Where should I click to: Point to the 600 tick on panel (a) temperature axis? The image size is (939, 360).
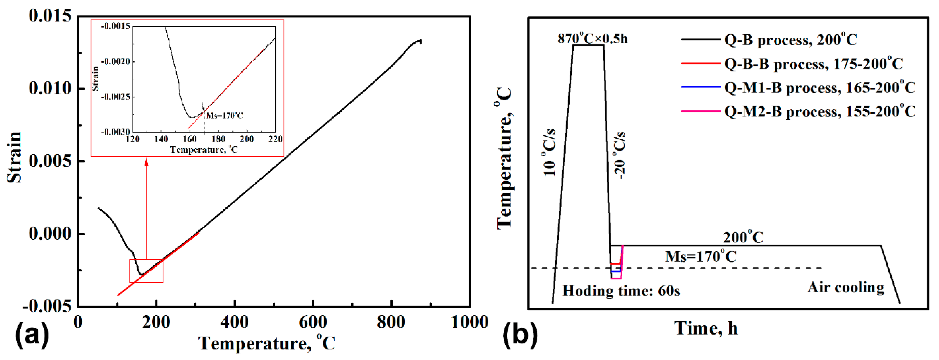coord(313,322)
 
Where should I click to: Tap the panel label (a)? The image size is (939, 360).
coord(32,335)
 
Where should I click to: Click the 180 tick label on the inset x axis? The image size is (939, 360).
coord(218,139)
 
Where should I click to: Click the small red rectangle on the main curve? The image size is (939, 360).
coord(146,271)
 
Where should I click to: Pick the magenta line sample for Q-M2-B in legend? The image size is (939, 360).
coord(701,111)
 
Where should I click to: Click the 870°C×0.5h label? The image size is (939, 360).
coord(592,38)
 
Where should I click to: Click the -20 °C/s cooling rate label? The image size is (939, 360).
coord(620,155)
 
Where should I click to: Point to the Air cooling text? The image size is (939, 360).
coord(846,287)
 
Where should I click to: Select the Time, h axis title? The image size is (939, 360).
coord(706,328)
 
